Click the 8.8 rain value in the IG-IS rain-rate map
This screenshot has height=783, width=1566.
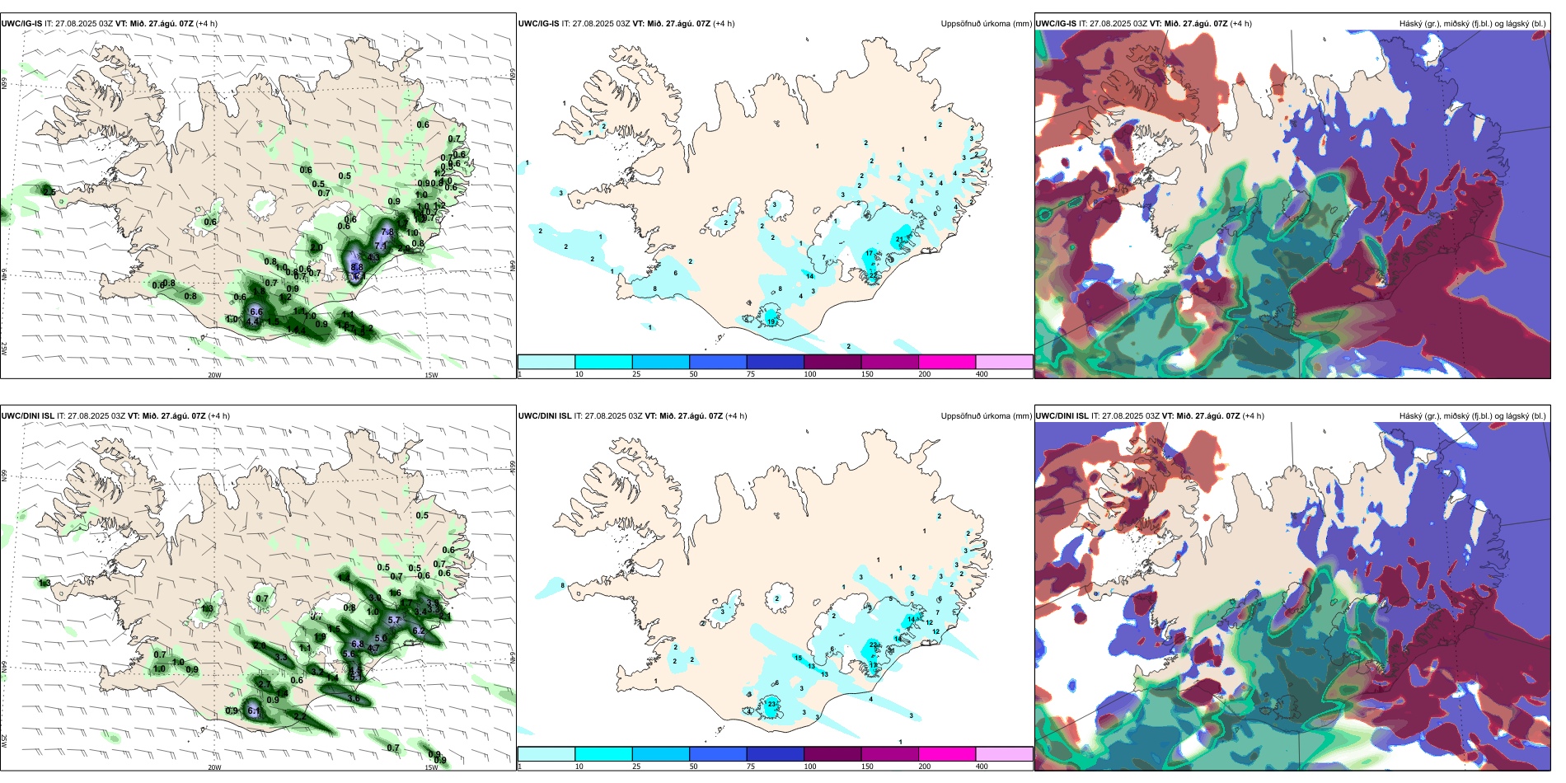357,267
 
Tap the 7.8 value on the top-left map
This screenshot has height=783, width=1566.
387,232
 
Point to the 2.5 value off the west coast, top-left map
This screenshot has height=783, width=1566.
49,192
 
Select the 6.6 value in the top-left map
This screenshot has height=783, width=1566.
256,312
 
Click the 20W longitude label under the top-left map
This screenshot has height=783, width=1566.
214,375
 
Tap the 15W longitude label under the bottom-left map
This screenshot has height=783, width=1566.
431,767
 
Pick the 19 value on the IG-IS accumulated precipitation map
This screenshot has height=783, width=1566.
771,321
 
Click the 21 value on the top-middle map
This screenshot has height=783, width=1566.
899,240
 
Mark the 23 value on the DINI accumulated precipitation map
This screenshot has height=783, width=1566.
772,703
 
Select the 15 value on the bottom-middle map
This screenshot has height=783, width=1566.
797,658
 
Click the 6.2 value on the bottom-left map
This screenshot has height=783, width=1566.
418,631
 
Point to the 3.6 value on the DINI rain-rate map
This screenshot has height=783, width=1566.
354,698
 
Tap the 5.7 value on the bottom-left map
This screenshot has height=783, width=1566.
393,621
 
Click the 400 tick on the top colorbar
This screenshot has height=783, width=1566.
982,374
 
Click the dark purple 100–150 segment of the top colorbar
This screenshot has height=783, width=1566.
832,362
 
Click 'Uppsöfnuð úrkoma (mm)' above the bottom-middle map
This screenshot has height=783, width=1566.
986,416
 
